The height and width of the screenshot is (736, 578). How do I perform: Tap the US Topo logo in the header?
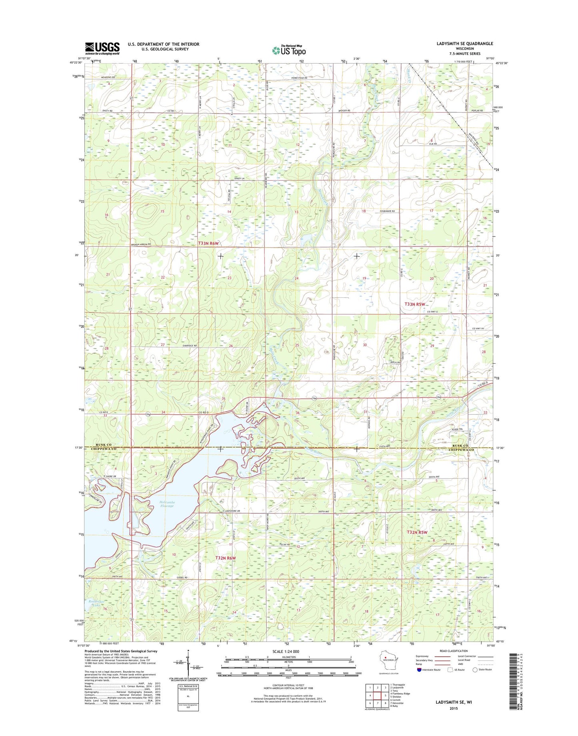pyautogui.click(x=289, y=50)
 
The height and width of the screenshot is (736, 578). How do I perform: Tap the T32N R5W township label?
pyautogui.click(x=417, y=532)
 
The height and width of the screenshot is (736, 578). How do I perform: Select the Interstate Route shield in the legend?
pyautogui.click(x=419, y=681)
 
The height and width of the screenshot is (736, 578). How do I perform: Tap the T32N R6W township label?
pyautogui.click(x=226, y=558)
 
